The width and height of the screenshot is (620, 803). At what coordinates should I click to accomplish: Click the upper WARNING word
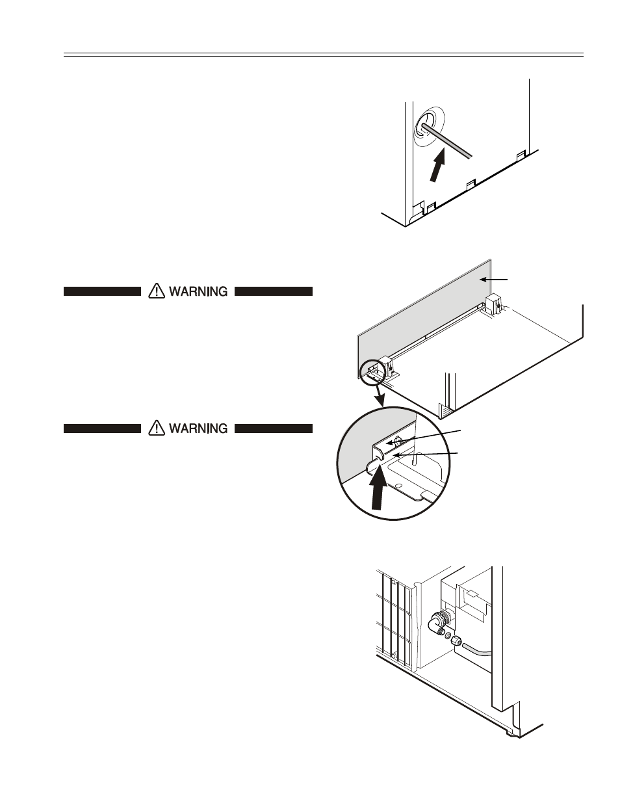click(x=198, y=292)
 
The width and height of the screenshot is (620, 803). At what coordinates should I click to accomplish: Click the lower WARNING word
click(x=198, y=428)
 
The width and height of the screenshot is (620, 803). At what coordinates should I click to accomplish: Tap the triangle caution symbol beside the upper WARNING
click(x=156, y=291)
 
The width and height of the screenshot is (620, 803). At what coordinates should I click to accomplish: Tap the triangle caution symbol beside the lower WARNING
click(x=156, y=428)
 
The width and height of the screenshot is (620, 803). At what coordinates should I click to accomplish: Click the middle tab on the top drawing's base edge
click(x=469, y=185)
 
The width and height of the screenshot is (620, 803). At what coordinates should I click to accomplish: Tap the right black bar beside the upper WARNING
click(x=274, y=292)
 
